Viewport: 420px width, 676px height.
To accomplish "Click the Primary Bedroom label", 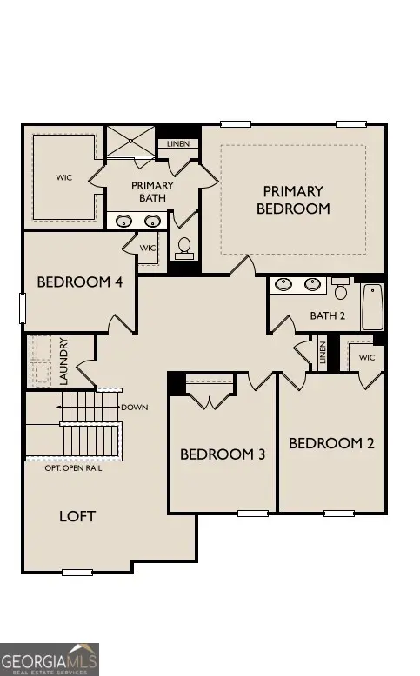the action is coord(293,200).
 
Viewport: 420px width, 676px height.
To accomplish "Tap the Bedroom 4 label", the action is coord(80,282).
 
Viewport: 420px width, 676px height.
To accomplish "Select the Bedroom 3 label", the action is coord(223,454).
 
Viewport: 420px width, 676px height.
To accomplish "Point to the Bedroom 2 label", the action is coord(331,443).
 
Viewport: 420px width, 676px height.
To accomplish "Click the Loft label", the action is coord(77,516).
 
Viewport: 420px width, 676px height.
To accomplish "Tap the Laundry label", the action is coord(63,361).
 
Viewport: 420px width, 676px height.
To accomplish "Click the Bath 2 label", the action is coord(328,315).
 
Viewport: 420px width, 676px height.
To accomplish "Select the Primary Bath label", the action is coord(152,191).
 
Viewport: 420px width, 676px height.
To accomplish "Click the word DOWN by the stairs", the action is coord(135,407).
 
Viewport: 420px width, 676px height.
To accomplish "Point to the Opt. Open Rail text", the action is coord(73,468).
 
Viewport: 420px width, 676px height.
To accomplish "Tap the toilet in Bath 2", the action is coord(341,288).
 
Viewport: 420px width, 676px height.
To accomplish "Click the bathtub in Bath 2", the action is coord(372,307).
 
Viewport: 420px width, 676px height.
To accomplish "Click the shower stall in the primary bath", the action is coord(130,141).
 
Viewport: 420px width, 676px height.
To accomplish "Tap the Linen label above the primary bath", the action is coord(178,143).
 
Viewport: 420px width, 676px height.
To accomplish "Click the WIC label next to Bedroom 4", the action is coord(148,248).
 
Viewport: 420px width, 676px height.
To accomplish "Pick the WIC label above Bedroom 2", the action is coord(367,357).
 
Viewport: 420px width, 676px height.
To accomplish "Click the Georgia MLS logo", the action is coord(50,659).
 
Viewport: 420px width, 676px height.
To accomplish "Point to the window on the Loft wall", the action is coord(77,573).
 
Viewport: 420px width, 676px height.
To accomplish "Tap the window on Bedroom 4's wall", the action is coord(23,308).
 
